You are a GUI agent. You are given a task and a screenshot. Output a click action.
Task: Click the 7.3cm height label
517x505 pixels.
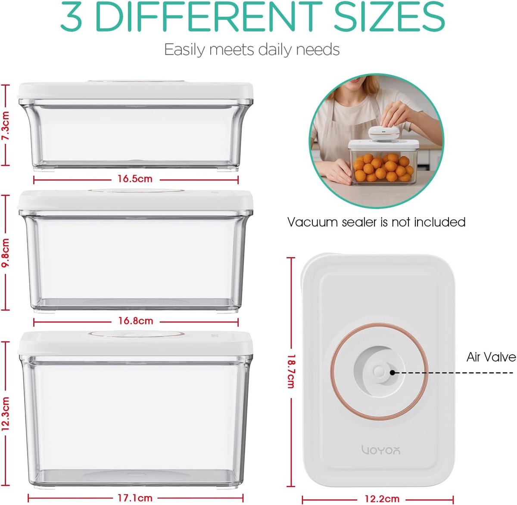point(6,126)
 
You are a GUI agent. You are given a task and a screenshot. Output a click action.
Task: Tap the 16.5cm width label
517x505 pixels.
point(135,179)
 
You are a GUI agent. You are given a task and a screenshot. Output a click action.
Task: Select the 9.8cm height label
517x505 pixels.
point(6,252)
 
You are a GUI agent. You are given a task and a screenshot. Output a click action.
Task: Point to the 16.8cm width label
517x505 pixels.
point(136,321)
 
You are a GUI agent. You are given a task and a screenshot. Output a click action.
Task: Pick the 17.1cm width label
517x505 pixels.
point(135,498)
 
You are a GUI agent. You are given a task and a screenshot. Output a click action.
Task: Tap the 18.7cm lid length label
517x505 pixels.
point(291,372)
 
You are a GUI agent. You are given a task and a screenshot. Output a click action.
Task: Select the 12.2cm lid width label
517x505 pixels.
point(382,499)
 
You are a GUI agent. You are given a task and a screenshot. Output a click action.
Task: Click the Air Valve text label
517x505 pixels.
point(491,357)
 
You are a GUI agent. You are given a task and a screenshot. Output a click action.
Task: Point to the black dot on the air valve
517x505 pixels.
point(392,372)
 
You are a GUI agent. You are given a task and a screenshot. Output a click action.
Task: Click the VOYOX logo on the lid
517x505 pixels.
point(381,450)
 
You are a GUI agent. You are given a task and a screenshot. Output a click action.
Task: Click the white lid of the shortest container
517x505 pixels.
point(135,90)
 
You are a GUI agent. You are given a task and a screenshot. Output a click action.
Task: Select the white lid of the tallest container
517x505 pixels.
point(135,343)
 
